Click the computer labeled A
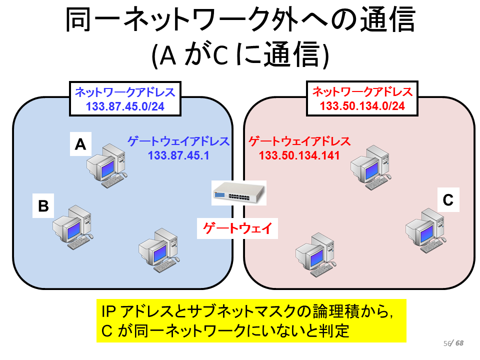pyautogui.click(x=107, y=165)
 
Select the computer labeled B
pyautogui.click(x=73, y=227)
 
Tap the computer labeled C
pyautogui.click(x=425, y=230)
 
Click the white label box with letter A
pyautogui.click(x=80, y=144)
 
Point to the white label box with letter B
pyautogui.click(x=43, y=205)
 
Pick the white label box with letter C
pyautogui.click(x=448, y=200)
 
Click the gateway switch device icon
pyautogui.click(x=239, y=193)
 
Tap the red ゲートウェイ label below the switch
pyautogui.click(x=237, y=228)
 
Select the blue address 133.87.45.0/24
pyautogui.click(x=125, y=106)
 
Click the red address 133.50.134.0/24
pyautogui.click(x=362, y=106)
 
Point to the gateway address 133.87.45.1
pyautogui.click(x=178, y=155)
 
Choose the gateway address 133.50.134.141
pyautogui.click(x=299, y=155)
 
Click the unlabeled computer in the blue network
pyautogui.click(x=159, y=250)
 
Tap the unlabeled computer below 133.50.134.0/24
pyautogui.click(x=371, y=167)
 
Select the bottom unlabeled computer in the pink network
pyautogui.click(x=315, y=254)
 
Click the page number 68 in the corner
pyautogui.click(x=459, y=343)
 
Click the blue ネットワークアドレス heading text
pyautogui.click(x=125, y=92)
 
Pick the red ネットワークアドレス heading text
pyautogui.click(x=362, y=91)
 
